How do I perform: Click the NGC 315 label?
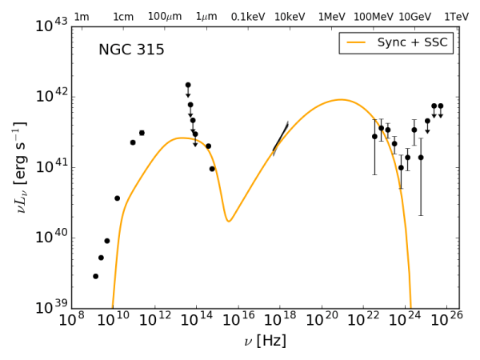click(131, 50)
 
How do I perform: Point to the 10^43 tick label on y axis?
click(50, 26)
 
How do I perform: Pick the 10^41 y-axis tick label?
click(50, 167)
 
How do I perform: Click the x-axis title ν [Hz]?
click(265, 342)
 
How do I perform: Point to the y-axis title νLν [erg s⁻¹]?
click(19, 167)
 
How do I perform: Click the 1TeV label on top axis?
click(456, 16)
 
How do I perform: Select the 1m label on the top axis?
click(81, 16)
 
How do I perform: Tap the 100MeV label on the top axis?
click(374, 16)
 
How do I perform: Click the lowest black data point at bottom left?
click(95, 276)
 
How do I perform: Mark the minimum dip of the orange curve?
click(229, 221)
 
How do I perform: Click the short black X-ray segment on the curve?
click(280, 138)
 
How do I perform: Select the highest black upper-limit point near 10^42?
click(188, 85)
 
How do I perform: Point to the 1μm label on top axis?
click(206, 16)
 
